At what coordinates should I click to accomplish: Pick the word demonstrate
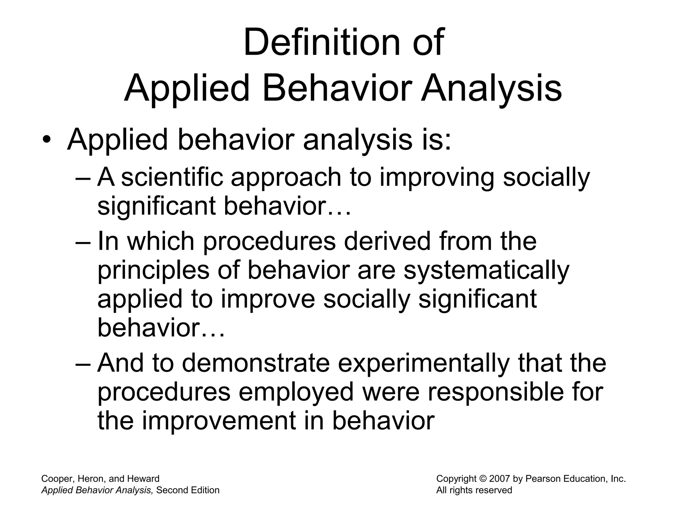point(256,363)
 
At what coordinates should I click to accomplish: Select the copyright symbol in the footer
point(483,479)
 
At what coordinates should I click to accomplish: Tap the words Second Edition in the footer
point(188,490)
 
